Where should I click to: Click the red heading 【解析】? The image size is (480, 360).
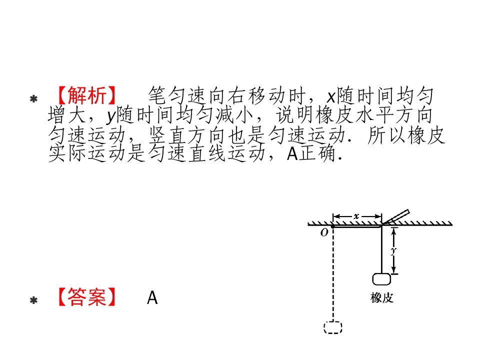pyautogui.click(x=87, y=95)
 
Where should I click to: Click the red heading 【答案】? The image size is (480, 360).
pyautogui.click(x=87, y=297)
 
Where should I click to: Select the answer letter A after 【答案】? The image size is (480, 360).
pyautogui.click(x=152, y=297)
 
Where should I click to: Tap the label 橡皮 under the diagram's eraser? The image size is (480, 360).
pyautogui.click(x=381, y=297)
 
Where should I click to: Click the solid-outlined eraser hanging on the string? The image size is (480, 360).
pyautogui.click(x=381, y=279)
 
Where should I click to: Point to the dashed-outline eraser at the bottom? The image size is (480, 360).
pyautogui.click(x=333, y=327)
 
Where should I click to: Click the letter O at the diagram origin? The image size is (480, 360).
pyautogui.click(x=324, y=233)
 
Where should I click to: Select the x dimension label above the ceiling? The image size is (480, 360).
pyautogui.click(x=356, y=216)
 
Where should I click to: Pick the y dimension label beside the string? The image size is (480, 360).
pyautogui.click(x=393, y=251)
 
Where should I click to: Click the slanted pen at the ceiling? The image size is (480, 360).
pyautogui.click(x=396, y=217)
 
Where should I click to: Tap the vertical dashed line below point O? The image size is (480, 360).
pyautogui.click(x=333, y=274)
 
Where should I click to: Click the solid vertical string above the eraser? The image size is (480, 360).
pyautogui.click(x=381, y=249)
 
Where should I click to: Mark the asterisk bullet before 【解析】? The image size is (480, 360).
pyautogui.click(x=33, y=99)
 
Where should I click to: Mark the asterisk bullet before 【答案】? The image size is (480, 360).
pyautogui.click(x=33, y=300)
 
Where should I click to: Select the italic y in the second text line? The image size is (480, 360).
pyautogui.click(x=111, y=116)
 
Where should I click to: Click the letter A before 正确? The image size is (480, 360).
pyautogui.click(x=292, y=153)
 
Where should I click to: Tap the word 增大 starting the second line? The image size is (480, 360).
pyautogui.click(x=66, y=115)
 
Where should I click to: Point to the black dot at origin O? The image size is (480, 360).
pyautogui.click(x=333, y=226)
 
